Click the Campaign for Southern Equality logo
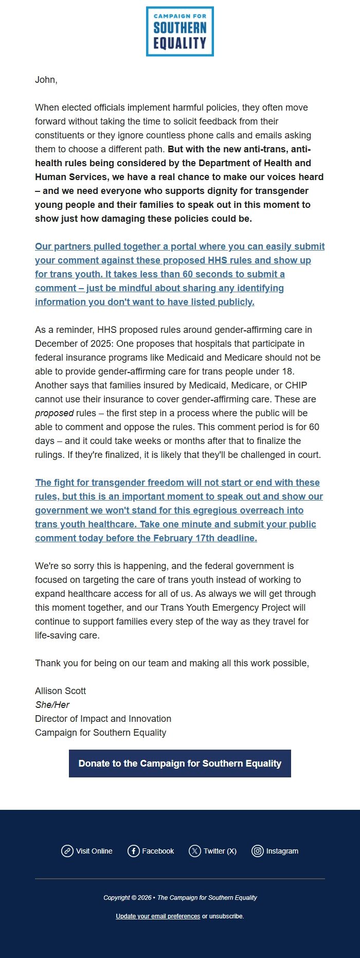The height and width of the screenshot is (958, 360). click(179, 31)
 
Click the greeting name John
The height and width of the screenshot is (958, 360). click(45, 80)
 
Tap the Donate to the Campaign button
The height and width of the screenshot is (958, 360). click(179, 764)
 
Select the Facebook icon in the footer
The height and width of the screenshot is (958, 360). click(134, 851)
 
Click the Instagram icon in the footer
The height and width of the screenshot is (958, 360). click(257, 851)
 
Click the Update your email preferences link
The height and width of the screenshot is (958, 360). click(158, 916)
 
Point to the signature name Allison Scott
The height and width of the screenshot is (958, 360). click(60, 691)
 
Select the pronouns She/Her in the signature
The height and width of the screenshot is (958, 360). click(52, 705)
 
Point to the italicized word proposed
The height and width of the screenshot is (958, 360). click(54, 413)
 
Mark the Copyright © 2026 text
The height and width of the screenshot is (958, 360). click(127, 898)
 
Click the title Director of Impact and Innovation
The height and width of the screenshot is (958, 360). click(103, 719)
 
